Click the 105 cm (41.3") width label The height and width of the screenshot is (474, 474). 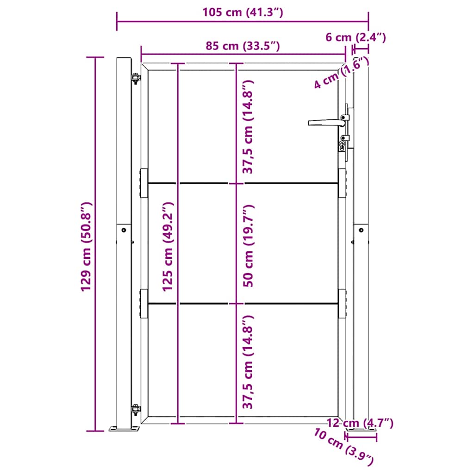[x=243, y=12]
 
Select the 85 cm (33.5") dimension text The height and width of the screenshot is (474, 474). [x=243, y=46]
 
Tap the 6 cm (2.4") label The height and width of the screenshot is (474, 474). [x=355, y=37]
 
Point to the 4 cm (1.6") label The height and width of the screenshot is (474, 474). [x=341, y=73]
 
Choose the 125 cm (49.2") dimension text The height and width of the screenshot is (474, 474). [x=168, y=247]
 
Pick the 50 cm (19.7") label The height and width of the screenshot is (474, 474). [x=249, y=246]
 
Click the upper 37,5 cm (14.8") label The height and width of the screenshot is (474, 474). [x=249, y=127]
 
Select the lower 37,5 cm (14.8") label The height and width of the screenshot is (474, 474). [x=249, y=362]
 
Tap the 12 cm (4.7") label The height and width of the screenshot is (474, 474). [x=360, y=423]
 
